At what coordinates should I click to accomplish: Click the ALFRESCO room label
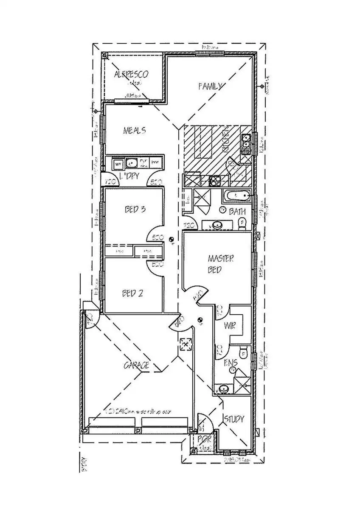click(x=131, y=75)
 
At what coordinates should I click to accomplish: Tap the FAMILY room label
click(x=211, y=86)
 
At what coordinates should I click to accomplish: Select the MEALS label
click(x=135, y=130)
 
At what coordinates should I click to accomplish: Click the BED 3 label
click(x=135, y=209)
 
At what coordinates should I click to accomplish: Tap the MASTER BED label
click(x=220, y=263)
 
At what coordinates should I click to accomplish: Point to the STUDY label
click(x=234, y=419)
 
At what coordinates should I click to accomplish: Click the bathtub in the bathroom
click(x=236, y=197)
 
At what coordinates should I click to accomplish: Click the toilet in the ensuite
click(x=243, y=352)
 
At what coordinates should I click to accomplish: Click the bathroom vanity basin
click(x=218, y=225)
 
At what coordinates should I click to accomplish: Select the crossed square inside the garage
click(x=185, y=344)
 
